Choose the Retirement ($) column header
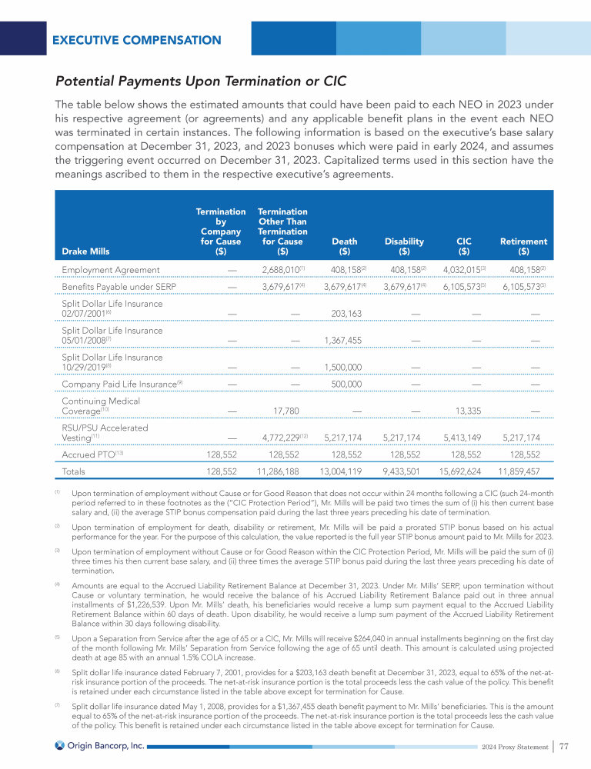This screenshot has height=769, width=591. pos(523,246)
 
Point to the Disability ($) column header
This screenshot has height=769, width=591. pos(404,246)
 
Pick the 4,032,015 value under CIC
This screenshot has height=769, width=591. pos(461,270)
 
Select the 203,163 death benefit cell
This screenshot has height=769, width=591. pos(348,314)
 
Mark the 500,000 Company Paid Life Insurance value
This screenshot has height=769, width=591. pos(348,384)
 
